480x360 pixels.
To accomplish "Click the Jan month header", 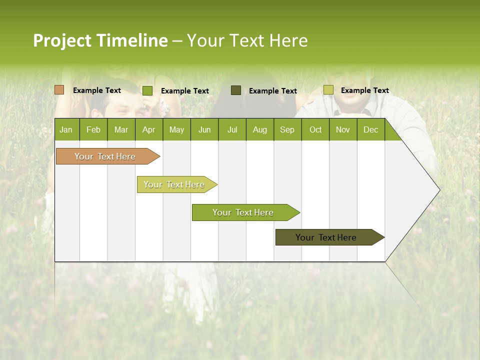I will [x=66, y=129].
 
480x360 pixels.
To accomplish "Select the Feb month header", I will [x=93, y=129].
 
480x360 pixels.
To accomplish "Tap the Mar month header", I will [x=121, y=129].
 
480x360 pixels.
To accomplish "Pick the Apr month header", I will [x=148, y=129].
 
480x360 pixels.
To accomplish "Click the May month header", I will [x=176, y=129].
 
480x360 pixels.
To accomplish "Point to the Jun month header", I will [x=204, y=129].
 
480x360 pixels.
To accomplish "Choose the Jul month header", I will [x=232, y=129].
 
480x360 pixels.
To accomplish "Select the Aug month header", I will [x=259, y=129].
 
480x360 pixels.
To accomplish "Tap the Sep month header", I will [x=287, y=129].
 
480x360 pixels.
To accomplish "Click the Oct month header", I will [x=315, y=129].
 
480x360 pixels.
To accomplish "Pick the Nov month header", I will [x=343, y=129].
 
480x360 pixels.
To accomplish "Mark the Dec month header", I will [x=370, y=129].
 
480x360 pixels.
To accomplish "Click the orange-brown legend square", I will [x=59, y=90].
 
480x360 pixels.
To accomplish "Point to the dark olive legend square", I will [x=236, y=90].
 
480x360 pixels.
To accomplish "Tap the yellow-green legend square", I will [x=328, y=90].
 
